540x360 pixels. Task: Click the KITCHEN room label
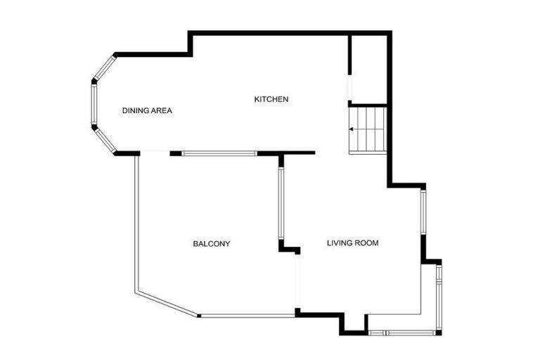pyautogui.click(x=271, y=99)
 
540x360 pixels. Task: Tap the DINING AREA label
pyautogui.click(x=147, y=110)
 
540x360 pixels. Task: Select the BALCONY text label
pyautogui.click(x=212, y=244)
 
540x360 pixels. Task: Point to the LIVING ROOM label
pyautogui.click(x=353, y=243)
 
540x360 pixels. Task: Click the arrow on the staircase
pyautogui.click(x=352, y=129)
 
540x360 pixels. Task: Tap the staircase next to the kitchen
pyautogui.click(x=368, y=129)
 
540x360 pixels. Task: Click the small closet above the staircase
pyautogui.click(x=368, y=69)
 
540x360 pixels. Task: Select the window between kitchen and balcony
pyautogui.click(x=219, y=153)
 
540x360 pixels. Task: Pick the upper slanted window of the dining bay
pyautogui.click(x=104, y=67)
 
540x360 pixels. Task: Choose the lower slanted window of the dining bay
pyautogui.click(x=105, y=141)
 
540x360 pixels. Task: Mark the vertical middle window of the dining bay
pyautogui.click(x=94, y=105)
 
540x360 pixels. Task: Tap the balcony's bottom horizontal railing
pyautogui.click(x=247, y=316)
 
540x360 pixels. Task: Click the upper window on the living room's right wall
pyautogui.click(x=423, y=212)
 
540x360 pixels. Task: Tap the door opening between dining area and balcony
pyautogui.click(x=155, y=153)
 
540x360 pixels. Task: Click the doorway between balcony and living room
pyautogui.click(x=297, y=281)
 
